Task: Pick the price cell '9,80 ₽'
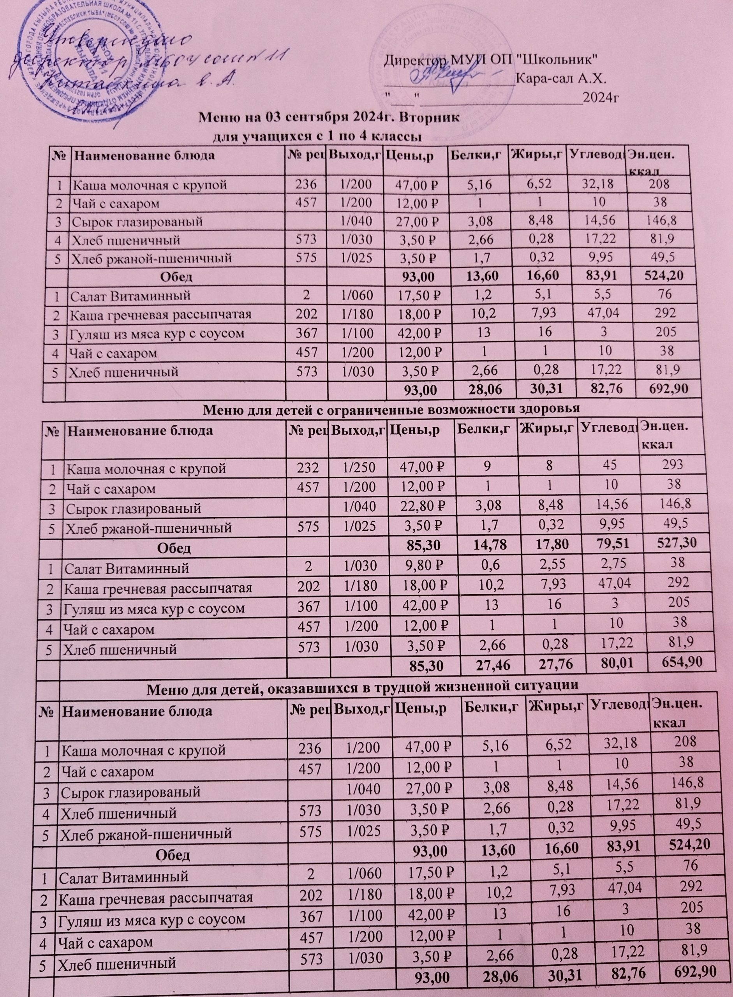(423, 568)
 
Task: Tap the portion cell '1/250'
(358, 468)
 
